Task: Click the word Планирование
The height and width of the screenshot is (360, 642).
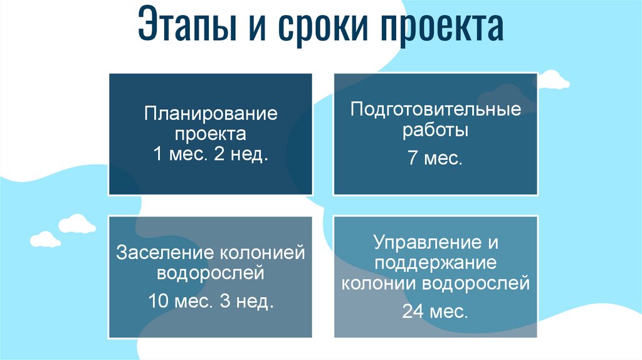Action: point(211,115)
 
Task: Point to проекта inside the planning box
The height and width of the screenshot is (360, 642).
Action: point(211,134)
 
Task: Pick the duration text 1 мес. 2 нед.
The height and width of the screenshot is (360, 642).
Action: point(211,154)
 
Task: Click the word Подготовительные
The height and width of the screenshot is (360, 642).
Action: point(436,110)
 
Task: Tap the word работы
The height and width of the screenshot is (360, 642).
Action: point(436,131)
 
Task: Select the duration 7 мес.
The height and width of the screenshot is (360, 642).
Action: point(435,159)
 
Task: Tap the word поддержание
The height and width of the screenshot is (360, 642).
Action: point(436,263)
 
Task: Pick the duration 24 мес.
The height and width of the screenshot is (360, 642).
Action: point(435,312)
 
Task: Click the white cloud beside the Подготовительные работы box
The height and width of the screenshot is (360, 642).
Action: point(554,80)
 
